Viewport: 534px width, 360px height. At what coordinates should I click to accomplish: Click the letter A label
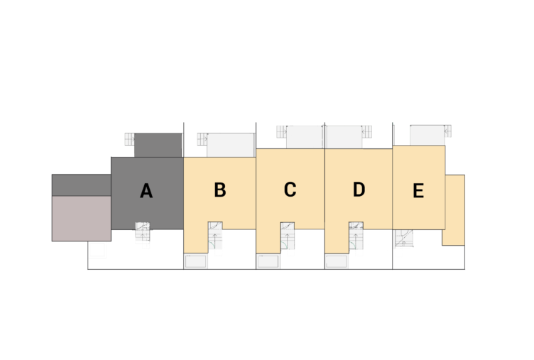pyautogui.click(x=146, y=191)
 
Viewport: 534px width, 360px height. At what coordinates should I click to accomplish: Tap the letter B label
pyautogui.click(x=220, y=190)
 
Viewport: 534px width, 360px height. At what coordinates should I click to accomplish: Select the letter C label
pyautogui.click(x=290, y=190)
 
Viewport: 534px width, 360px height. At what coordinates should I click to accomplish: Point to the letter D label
pyautogui.click(x=359, y=190)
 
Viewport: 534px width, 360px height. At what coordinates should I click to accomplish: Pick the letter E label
pyautogui.click(x=418, y=191)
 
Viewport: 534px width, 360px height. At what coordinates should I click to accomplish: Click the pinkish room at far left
pyautogui.click(x=81, y=218)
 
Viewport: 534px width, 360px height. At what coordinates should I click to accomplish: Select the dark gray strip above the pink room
pyautogui.click(x=81, y=185)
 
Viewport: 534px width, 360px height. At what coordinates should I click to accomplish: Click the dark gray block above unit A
pyautogui.click(x=158, y=145)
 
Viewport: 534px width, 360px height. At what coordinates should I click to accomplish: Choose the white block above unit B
pyautogui.click(x=231, y=145)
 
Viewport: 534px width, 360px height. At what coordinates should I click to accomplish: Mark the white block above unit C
pyautogui.click(x=305, y=137)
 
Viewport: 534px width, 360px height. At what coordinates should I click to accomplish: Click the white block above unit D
pyautogui.click(x=344, y=137)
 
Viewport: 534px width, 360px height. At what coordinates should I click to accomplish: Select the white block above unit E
pyautogui.click(x=427, y=135)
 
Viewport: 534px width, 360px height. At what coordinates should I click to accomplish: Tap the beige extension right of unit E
pyautogui.click(x=454, y=209)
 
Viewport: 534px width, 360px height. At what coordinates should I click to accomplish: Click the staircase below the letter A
pyautogui.click(x=143, y=234)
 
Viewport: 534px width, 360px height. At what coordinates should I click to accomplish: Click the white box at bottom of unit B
pyautogui.click(x=196, y=261)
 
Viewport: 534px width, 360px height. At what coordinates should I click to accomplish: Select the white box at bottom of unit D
pyautogui.click(x=337, y=261)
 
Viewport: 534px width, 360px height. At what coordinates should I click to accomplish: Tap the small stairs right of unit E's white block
pyautogui.click(x=448, y=131)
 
